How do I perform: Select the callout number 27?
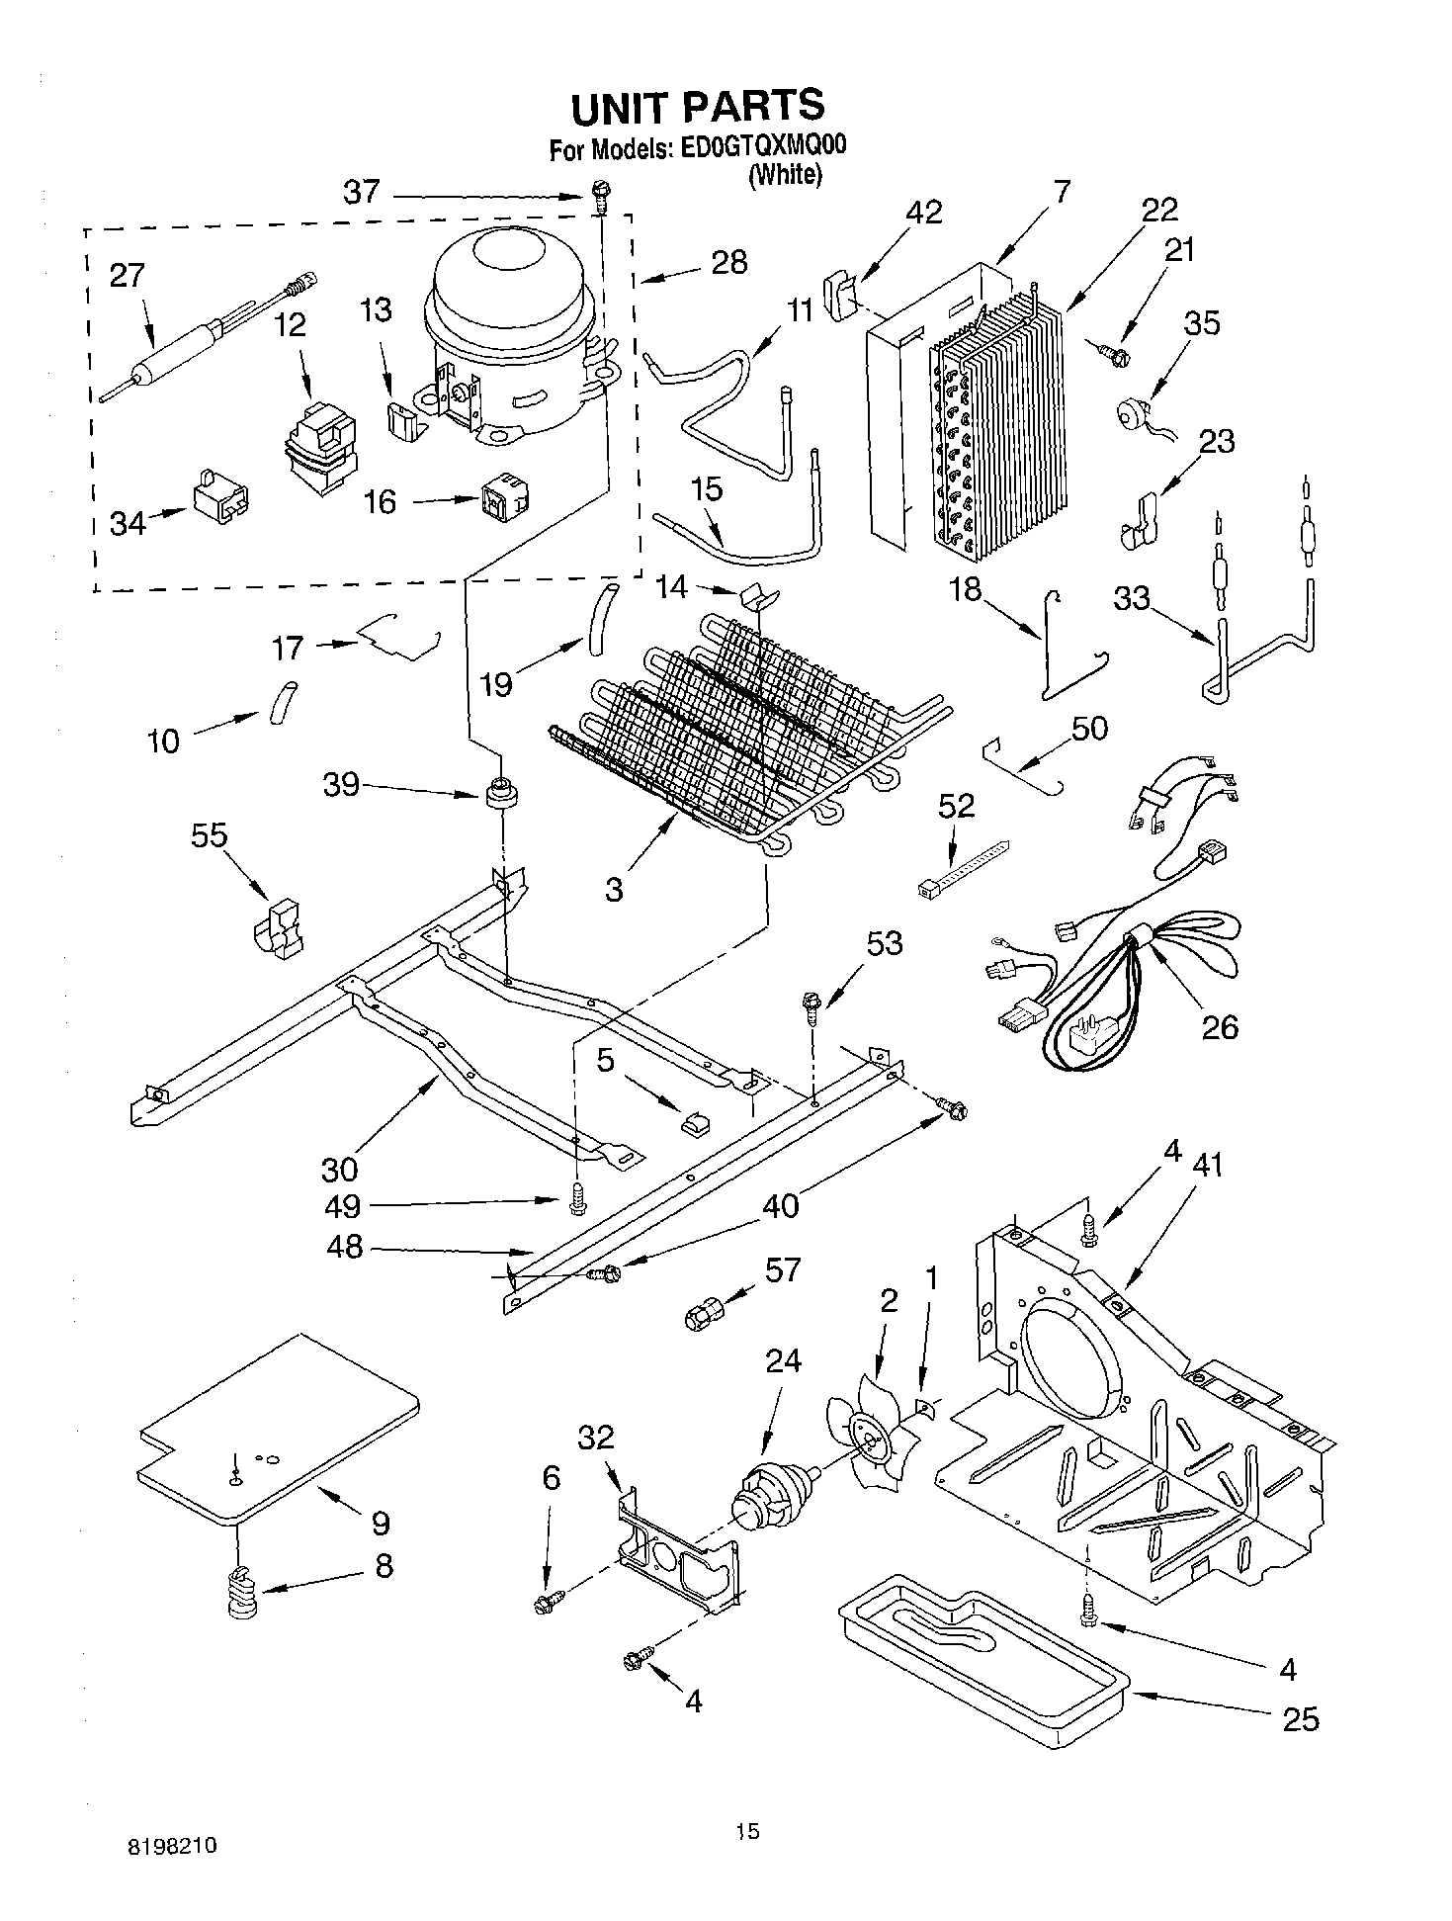click(128, 275)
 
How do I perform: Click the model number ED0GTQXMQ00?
click(762, 147)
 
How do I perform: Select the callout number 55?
click(209, 836)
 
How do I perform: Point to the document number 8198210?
click(173, 1846)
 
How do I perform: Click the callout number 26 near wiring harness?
click(1219, 1027)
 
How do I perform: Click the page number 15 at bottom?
click(747, 1832)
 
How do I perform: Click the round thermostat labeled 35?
click(1131, 412)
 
